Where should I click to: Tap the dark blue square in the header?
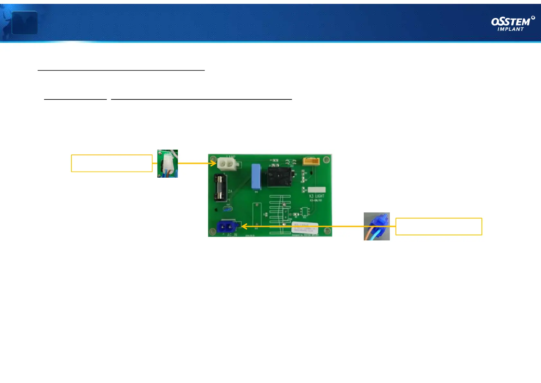pyautogui.click(x=24, y=23)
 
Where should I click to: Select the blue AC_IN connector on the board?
pyautogui.click(x=226, y=227)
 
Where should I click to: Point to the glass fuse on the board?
pyautogui.click(x=220, y=188)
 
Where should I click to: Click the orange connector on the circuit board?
pyautogui.click(x=311, y=161)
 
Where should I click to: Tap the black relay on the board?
pyautogui.click(x=280, y=177)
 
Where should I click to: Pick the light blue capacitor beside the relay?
pyautogui.click(x=256, y=177)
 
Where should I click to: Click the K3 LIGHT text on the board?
pyautogui.click(x=316, y=196)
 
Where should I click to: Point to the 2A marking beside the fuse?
pyautogui.click(x=230, y=191)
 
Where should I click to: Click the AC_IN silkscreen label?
pyautogui.click(x=232, y=235)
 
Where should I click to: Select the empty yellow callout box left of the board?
pyautogui.click(x=112, y=163)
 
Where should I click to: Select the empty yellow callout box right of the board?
pyautogui.click(x=438, y=227)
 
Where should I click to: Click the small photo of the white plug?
pyautogui.click(x=168, y=163)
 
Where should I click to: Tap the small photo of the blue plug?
pyautogui.click(x=377, y=226)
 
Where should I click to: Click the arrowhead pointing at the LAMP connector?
pyautogui.click(x=214, y=163)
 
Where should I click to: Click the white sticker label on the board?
pyautogui.click(x=305, y=228)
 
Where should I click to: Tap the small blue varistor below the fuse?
pyautogui.click(x=228, y=209)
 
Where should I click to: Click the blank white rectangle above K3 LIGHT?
pyautogui.click(x=316, y=190)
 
